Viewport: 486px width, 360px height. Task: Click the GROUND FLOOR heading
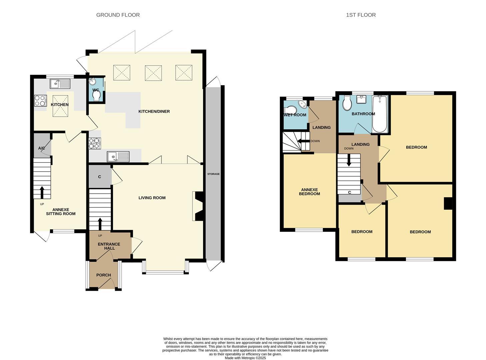118,15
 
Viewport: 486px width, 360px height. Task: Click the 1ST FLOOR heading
361,15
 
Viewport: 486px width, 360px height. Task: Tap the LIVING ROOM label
152,198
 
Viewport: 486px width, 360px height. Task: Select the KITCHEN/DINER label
154,111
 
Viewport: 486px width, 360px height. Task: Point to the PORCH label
103,275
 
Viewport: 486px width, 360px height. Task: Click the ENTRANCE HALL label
109,246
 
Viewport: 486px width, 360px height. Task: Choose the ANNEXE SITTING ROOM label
61,212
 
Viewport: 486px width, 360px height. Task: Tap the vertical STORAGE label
213,174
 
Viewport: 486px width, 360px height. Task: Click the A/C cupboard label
41,148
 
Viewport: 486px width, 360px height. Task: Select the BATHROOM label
363,114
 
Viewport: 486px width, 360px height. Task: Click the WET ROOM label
295,115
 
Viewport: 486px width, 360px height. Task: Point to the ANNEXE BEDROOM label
309,192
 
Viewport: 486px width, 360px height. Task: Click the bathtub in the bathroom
380,114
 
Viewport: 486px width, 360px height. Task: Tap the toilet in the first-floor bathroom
347,103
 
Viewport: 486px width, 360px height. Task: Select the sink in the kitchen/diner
118,156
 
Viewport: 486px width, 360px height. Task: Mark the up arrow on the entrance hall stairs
100,224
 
